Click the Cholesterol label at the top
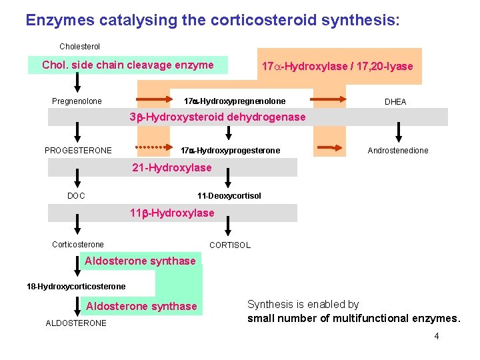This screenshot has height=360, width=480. coord(79,47)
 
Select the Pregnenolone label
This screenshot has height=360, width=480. coord(77,101)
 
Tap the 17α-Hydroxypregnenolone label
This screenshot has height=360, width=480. coord(235,101)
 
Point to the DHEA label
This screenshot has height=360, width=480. coord(395,102)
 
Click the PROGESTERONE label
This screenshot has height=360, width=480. coord(78,151)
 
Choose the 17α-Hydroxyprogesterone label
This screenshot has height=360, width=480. coord(231,151)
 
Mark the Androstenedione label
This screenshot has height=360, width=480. coord(398,151)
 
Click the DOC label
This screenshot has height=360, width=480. coord(76,196)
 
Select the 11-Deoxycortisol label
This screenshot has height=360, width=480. coord(229,196)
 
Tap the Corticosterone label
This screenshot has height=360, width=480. coord(78,245)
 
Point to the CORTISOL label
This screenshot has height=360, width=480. coord(230,245)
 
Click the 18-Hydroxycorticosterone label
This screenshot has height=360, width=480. coord(76,287)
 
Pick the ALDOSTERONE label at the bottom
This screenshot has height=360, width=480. coord(76,323)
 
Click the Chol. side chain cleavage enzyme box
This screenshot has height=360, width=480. coord(128,65)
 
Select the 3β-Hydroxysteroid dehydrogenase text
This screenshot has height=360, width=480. coord(217,117)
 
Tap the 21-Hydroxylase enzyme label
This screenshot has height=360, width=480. coord(172,168)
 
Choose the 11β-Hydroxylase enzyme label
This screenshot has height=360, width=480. coord(172,213)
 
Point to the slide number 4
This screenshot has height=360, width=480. coord(437,336)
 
